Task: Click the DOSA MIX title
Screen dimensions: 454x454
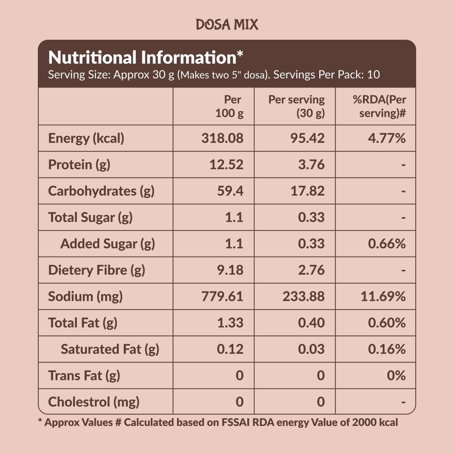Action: tap(227, 25)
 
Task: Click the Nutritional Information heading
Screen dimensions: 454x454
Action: tap(146, 58)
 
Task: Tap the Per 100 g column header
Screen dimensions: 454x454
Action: tap(229, 106)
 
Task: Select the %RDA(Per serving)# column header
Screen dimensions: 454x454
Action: tap(379, 106)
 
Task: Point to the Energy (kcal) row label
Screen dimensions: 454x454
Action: tap(86, 138)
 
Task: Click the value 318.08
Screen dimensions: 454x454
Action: tap(222, 138)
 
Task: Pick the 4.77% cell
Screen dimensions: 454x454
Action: tap(387, 138)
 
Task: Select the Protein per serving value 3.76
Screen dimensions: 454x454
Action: tap(311, 165)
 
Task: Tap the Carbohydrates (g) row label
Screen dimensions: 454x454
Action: tap(101, 191)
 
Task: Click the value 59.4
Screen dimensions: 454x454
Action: tap(230, 191)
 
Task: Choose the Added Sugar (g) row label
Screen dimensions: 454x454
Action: tap(108, 244)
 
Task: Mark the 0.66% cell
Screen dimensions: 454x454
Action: tap(387, 244)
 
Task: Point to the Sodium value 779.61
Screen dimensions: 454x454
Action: tap(222, 296)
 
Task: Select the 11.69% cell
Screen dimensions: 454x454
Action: tap(383, 296)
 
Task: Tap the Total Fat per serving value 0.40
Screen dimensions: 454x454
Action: tap(311, 323)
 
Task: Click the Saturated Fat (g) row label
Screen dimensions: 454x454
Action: tap(110, 349)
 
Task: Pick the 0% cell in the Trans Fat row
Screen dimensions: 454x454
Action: tap(396, 376)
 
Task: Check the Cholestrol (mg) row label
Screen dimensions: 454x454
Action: tap(94, 402)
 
